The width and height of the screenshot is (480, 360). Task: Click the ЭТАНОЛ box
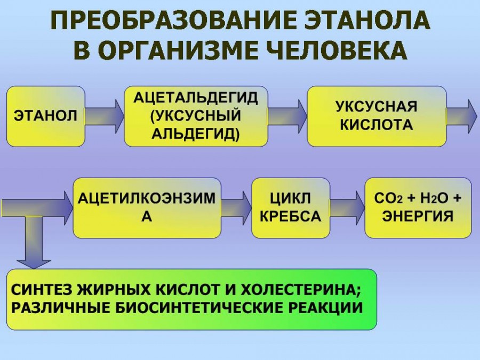(46, 116)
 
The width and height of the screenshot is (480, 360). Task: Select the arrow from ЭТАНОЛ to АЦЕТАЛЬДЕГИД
(105, 116)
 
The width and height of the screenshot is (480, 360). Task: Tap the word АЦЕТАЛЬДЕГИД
(196, 98)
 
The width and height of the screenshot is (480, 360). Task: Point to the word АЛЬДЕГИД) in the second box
(196, 133)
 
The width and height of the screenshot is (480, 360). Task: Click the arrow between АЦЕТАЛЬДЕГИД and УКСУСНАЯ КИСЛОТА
(287, 116)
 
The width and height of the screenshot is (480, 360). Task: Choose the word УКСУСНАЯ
(376, 107)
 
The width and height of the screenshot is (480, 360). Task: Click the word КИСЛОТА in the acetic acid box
(376, 125)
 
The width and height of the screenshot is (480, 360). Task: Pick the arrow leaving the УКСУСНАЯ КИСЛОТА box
(462, 116)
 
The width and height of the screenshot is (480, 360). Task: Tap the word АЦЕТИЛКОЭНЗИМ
(147, 198)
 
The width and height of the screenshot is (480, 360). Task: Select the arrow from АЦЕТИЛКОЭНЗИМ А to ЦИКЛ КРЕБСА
(236, 208)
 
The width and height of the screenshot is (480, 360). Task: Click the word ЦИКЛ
(290, 198)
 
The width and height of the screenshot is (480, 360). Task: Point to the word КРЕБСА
(290, 217)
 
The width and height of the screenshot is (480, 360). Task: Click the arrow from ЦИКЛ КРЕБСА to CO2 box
(348, 208)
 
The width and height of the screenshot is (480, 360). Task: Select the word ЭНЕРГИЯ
(418, 217)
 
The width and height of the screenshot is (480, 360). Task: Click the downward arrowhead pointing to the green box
(34, 265)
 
